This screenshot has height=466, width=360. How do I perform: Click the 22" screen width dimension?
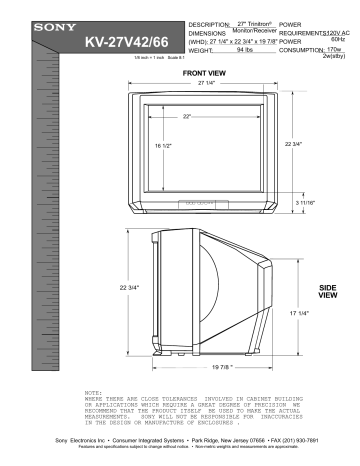(186, 117)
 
